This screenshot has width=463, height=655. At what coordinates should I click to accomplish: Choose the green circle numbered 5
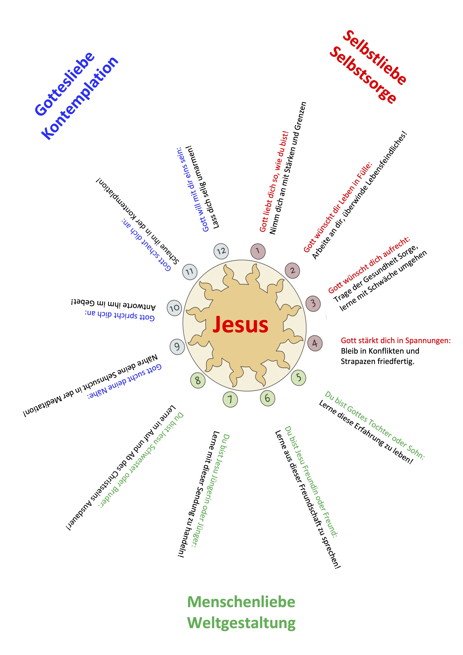(x=298, y=378)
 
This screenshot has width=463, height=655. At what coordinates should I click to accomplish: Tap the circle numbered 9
(x=177, y=347)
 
